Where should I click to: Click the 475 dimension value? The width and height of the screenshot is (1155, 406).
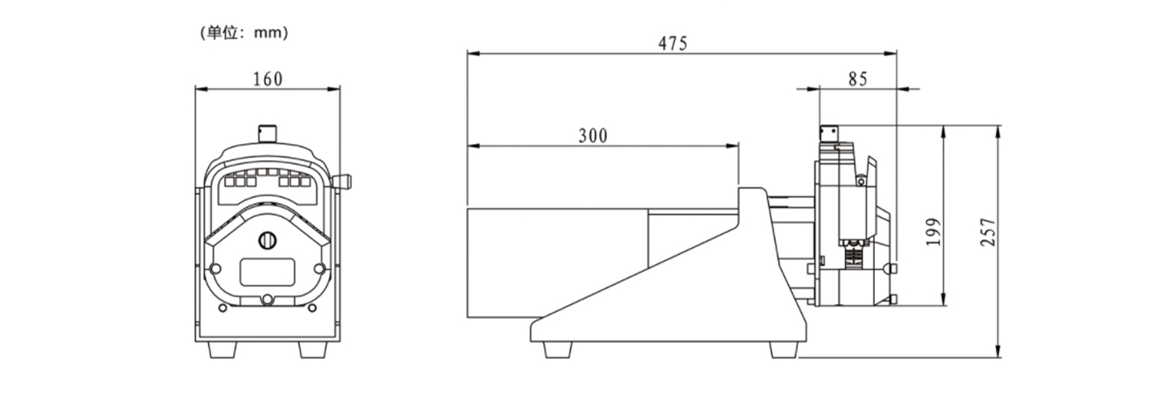(x=673, y=44)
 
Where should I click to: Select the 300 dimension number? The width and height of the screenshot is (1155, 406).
(x=593, y=135)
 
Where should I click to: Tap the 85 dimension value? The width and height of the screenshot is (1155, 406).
(x=858, y=79)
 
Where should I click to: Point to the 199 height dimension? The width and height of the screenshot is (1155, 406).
(x=933, y=232)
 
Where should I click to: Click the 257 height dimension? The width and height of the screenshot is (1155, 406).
(x=988, y=232)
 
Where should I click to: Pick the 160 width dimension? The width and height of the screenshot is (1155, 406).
(x=268, y=79)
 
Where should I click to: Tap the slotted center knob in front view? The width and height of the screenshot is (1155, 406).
(x=267, y=240)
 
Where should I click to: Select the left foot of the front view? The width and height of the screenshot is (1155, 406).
(x=223, y=350)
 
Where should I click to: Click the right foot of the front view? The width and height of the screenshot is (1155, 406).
(x=313, y=350)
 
